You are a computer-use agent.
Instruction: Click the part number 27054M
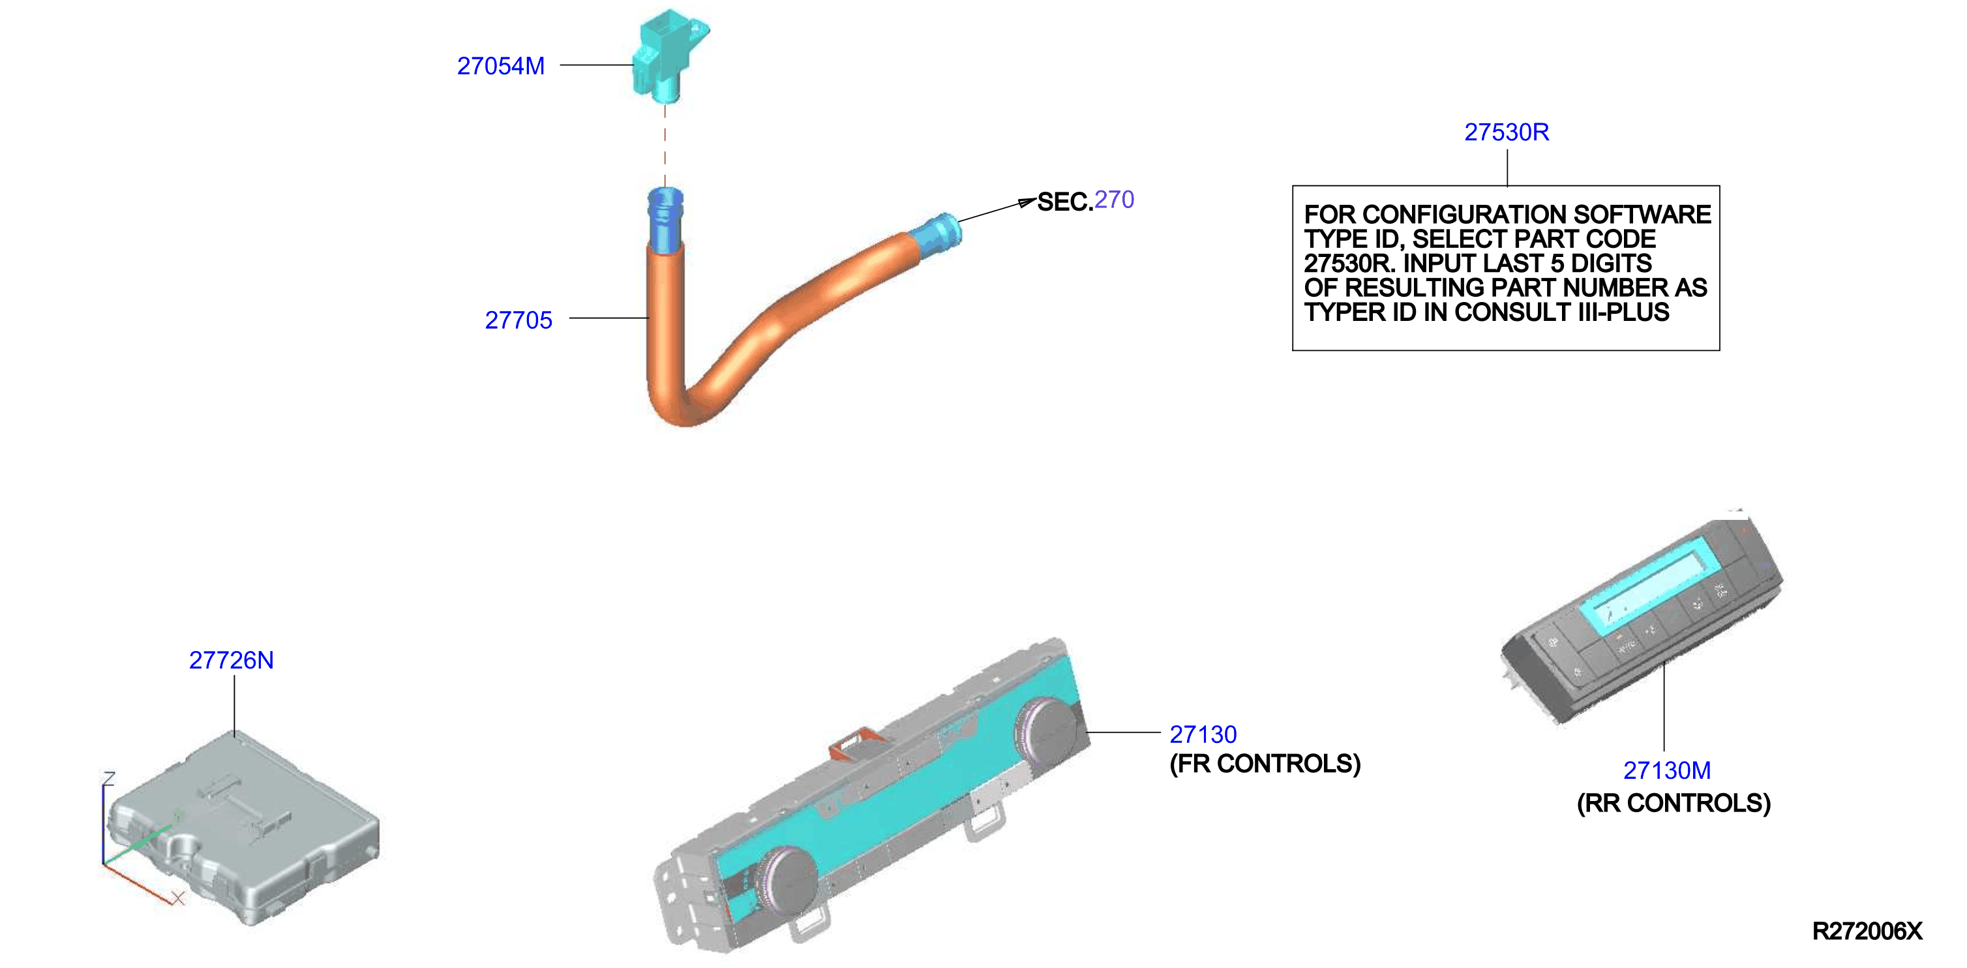pos(501,67)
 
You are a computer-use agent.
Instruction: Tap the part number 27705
pos(518,320)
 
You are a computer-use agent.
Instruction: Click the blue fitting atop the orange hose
pos(665,219)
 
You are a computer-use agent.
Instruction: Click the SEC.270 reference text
pos(1085,201)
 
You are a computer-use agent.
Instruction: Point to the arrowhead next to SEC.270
pos(1027,202)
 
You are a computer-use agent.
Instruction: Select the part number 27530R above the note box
pos(1507,132)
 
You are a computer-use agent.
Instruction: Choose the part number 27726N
pos(232,660)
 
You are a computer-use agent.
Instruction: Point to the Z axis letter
pos(108,779)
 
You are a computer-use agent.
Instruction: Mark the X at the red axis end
pos(178,898)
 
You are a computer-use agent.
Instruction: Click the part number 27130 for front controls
pos(1203,734)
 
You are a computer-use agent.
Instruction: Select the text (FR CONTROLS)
pos(1265,764)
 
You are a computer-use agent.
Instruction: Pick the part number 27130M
pos(1667,771)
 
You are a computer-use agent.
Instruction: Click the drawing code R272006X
pos(1867,931)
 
